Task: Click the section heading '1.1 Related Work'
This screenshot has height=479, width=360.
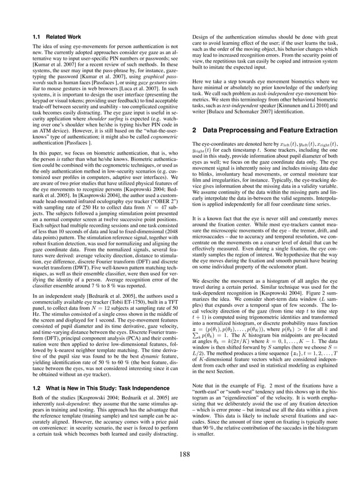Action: pos(54,37)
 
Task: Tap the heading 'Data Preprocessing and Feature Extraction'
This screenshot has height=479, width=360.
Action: pos(262,130)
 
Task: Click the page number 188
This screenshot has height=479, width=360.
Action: pos(179,454)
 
